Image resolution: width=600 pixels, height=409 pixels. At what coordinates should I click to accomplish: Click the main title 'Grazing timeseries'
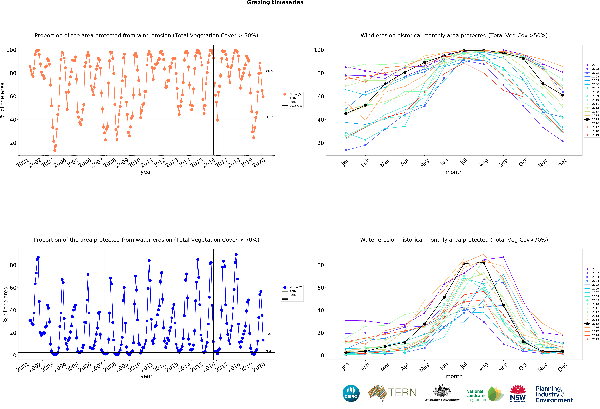click(x=275, y=3)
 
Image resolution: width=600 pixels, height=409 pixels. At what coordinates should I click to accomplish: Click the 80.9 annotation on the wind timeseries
click(x=270, y=71)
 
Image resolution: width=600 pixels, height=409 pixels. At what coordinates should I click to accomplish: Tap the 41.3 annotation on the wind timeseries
click(x=270, y=117)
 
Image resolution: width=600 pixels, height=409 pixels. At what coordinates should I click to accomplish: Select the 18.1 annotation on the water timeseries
click(x=270, y=334)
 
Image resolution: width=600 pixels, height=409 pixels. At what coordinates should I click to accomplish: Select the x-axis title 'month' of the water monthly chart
click(x=454, y=376)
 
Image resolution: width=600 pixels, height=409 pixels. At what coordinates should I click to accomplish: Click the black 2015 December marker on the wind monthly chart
click(x=563, y=95)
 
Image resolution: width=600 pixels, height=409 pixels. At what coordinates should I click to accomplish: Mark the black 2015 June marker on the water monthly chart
click(x=444, y=297)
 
